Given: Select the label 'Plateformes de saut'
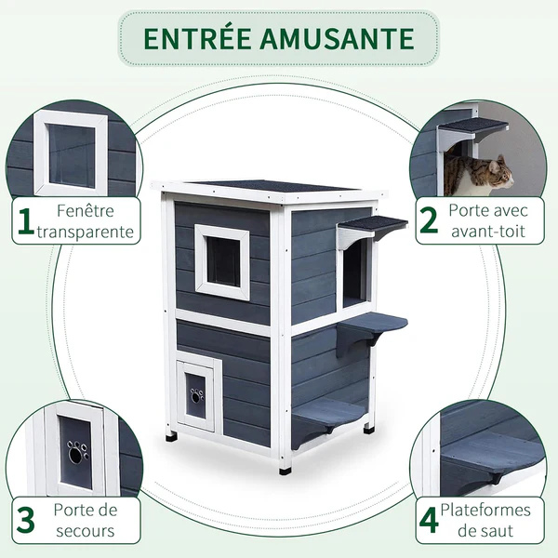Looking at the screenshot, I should (x=487, y=521).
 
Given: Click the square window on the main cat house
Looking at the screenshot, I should (x=222, y=261).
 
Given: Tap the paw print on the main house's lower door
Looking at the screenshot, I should (x=196, y=395).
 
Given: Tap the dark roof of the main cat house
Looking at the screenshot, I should (x=270, y=186).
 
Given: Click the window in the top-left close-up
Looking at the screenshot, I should (x=71, y=153).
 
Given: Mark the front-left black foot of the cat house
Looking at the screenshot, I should (x=171, y=435).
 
